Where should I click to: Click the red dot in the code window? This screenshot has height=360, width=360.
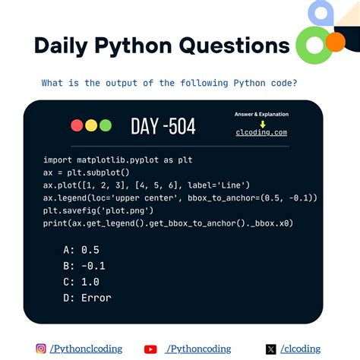click(77, 125)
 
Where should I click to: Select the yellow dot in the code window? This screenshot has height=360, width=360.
click(91, 125)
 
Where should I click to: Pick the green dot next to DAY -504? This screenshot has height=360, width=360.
click(105, 125)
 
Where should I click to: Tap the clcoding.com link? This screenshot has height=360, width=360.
click(262, 132)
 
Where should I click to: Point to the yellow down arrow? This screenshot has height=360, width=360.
click(262, 123)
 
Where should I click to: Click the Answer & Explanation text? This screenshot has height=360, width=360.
click(262, 114)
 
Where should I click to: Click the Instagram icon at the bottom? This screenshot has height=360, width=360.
click(41, 349)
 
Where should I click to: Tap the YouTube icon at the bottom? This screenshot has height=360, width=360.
click(150, 349)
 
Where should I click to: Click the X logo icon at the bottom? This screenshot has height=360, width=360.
click(271, 349)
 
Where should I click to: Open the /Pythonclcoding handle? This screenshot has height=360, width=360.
click(87, 349)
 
